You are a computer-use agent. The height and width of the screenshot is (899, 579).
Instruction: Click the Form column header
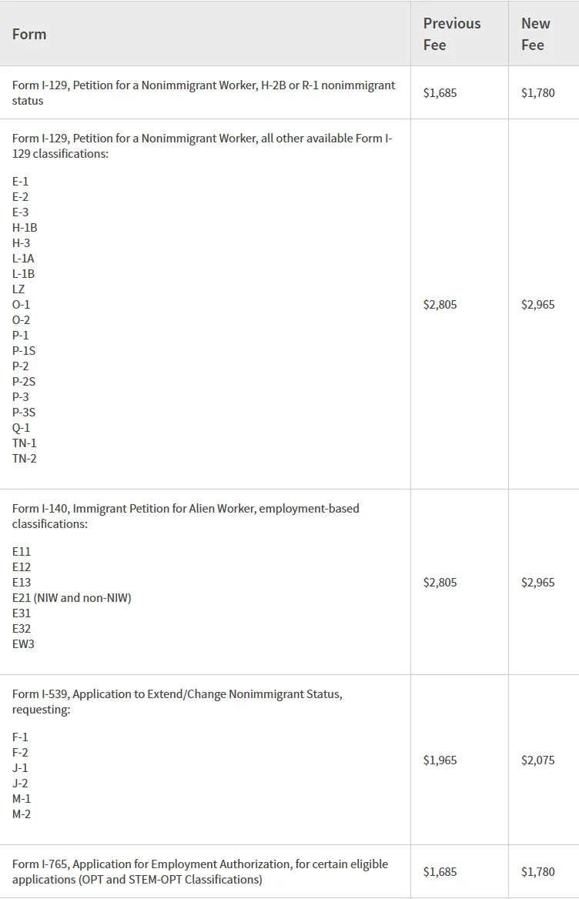point(29,35)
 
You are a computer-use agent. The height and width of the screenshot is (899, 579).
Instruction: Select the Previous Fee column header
point(451,34)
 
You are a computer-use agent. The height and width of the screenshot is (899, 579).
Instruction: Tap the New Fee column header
point(535,34)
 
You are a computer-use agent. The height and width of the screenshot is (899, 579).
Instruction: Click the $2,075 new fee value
point(537,760)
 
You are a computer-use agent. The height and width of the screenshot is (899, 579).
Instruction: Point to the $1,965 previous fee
point(440,760)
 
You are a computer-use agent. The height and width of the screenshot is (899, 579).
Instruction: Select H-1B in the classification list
point(25,228)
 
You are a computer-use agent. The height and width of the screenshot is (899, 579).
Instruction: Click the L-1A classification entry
point(23,259)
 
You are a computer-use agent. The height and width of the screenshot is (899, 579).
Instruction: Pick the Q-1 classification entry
point(21,428)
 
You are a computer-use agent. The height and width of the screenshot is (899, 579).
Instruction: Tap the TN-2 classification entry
point(24,459)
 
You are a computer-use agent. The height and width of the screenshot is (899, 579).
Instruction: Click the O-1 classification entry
point(21,305)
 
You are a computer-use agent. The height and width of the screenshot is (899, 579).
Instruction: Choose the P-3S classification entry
point(24,413)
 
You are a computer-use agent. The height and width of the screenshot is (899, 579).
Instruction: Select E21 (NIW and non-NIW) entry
point(72,598)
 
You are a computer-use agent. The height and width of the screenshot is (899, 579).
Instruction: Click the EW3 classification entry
point(23,644)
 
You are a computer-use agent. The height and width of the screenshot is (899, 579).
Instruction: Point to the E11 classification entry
point(22,552)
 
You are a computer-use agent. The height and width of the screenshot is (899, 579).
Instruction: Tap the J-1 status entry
point(20,768)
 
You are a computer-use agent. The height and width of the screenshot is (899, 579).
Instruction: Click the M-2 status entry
point(22,814)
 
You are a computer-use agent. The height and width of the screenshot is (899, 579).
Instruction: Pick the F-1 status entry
point(20,737)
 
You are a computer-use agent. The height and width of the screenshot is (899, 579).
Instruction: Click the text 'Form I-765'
point(39,864)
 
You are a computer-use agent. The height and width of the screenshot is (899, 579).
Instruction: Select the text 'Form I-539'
point(39,694)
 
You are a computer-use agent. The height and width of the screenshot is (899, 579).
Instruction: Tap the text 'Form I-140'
point(39,509)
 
